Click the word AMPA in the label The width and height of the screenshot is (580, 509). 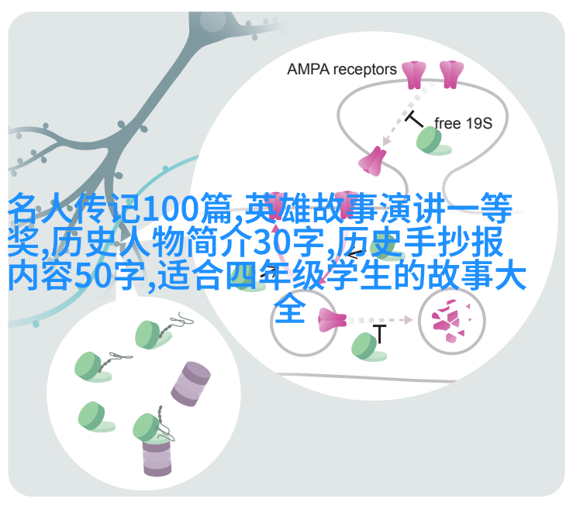(308, 70)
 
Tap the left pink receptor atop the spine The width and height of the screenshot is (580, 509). (414, 75)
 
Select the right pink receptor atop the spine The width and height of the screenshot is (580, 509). (451, 74)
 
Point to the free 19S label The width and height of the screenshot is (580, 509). (463, 123)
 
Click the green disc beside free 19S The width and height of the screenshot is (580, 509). (432, 140)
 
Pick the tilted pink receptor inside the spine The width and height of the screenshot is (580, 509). (372, 162)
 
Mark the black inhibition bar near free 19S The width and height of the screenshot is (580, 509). (414, 119)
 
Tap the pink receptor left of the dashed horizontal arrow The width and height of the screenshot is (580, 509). (332, 320)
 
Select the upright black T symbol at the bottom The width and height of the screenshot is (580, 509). (379, 334)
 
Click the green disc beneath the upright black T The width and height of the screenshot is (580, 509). (368, 347)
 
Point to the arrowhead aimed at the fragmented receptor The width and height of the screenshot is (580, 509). (408, 320)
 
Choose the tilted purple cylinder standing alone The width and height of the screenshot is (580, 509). (191, 384)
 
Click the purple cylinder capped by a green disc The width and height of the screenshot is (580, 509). (157, 456)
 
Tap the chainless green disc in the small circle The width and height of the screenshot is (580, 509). (95, 417)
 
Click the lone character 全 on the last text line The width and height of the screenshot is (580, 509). (290, 308)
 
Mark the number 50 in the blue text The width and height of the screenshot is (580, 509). (92, 276)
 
